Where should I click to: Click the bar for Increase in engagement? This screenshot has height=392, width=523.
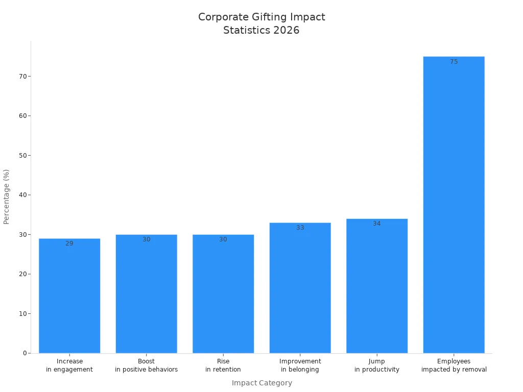pos(69,296)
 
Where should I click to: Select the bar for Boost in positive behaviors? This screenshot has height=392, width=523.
pos(146,294)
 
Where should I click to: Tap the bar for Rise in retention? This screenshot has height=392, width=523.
pos(223,294)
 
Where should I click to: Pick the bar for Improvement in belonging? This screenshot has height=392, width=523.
pos(300,288)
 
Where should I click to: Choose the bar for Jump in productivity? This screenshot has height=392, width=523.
pos(377,286)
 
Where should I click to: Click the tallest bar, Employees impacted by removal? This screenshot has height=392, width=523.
pos(454,204)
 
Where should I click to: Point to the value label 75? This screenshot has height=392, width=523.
pos(454,62)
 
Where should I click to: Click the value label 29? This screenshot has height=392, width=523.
pos(69,243)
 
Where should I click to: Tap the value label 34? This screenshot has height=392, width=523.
pos(377,224)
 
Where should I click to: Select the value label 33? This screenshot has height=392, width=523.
pos(300,228)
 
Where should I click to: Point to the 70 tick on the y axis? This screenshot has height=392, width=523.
pos(22,76)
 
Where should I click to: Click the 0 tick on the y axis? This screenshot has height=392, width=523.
pos(25,353)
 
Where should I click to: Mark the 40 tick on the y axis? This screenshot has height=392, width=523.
pos(22,195)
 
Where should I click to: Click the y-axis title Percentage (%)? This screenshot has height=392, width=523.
pos(7,197)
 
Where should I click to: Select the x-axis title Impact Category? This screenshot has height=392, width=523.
pos(261,383)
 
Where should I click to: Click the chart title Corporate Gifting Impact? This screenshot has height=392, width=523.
pos(261,17)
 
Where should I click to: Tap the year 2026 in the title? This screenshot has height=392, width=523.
pos(286,30)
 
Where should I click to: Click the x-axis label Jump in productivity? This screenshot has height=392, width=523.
pos(377,365)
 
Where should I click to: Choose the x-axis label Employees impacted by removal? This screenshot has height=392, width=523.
pos(454,365)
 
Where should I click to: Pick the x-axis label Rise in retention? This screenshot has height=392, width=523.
pos(223,365)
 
